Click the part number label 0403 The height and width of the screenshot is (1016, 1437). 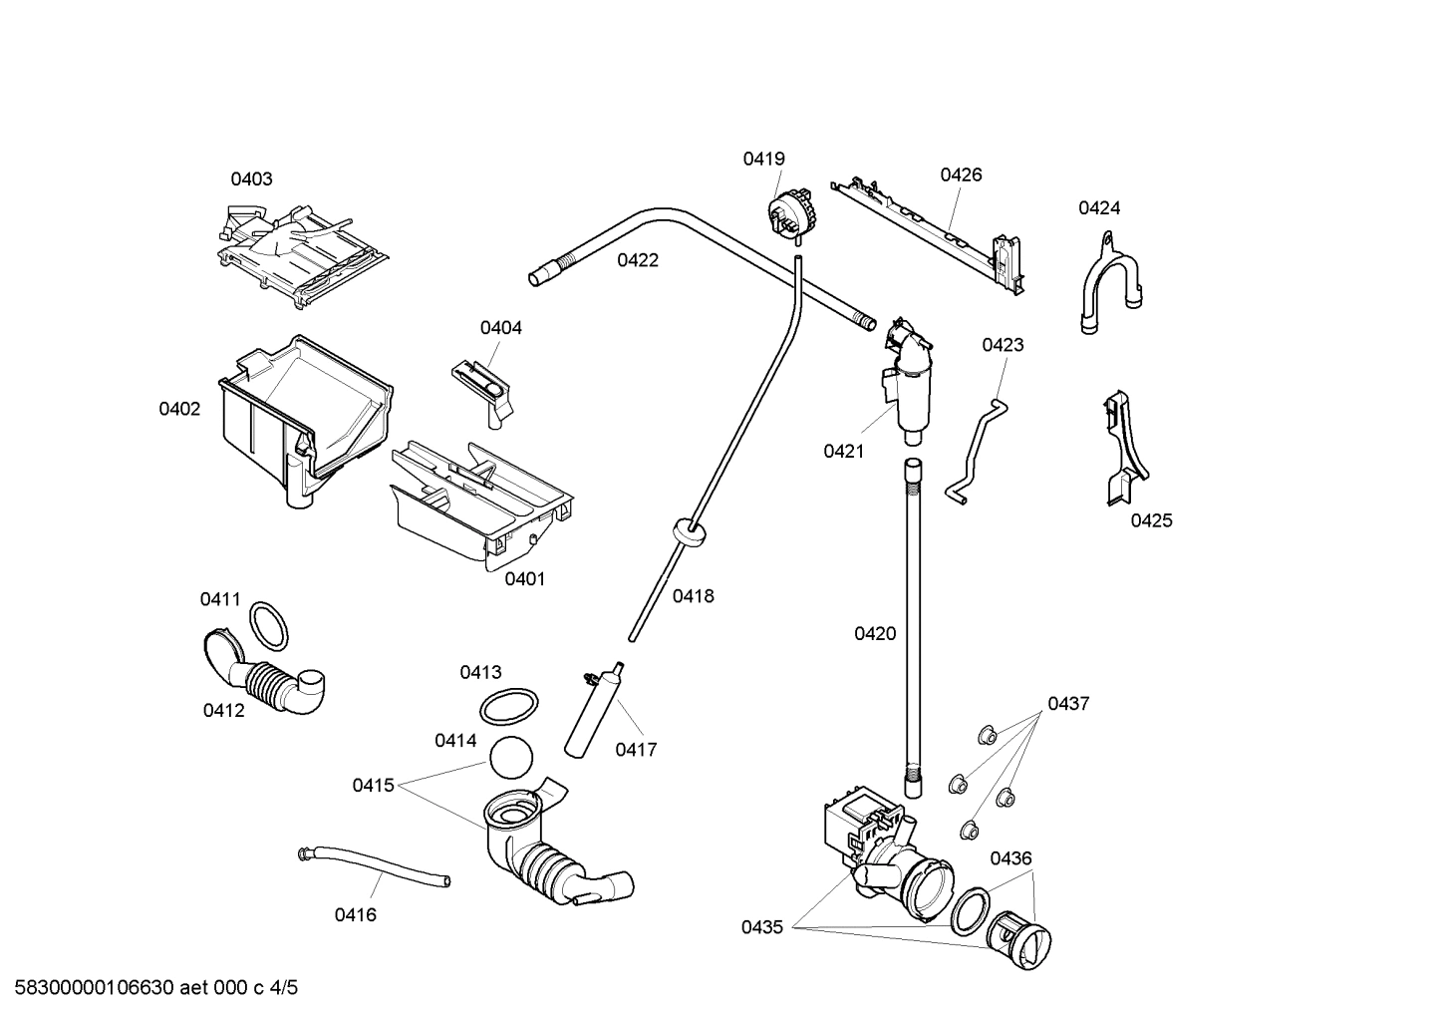click(251, 179)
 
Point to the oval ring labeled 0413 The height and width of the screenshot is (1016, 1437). click(509, 708)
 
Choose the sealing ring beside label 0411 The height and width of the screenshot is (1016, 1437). click(269, 625)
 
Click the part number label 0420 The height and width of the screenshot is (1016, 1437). click(874, 633)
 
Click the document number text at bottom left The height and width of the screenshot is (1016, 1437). click(150, 988)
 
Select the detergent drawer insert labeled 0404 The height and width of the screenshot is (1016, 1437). click(483, 385)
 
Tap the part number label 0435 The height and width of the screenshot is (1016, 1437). click(761, 927)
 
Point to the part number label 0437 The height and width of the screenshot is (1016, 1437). click(1067, 704)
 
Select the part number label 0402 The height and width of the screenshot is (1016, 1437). click(179, 409)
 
